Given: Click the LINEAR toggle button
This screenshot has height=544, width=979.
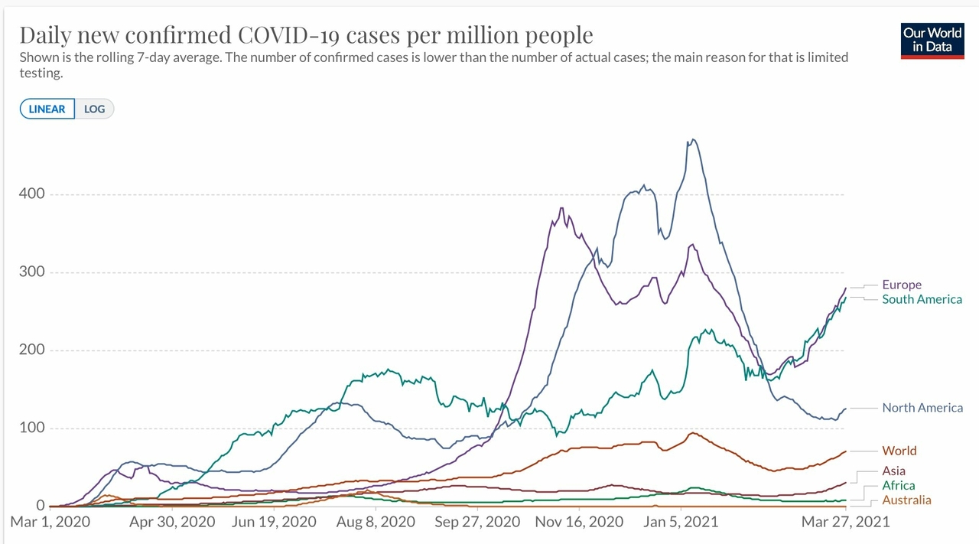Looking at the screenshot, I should (x=47, y=109).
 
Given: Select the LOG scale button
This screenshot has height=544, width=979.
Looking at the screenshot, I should (x=95, y=109).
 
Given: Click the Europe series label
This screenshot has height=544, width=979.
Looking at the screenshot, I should (x=902, y=285).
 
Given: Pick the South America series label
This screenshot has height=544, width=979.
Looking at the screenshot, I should (x=922, y=299).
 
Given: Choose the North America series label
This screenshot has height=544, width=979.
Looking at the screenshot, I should (x=922, y=408).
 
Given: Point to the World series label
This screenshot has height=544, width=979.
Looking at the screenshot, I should (x=899, y=451).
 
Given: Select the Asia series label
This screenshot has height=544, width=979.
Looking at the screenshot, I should (x=893, y=471).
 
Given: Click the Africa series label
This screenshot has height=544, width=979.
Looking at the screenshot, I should (x=898, y=485).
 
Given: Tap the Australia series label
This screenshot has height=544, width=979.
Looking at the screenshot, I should (x=906, y=500).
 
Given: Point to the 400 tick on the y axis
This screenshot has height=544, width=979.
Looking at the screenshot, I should (x=32, y=194).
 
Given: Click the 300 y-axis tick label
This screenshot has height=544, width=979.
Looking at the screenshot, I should (x=32, y=272).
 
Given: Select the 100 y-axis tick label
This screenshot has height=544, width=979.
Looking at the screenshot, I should (x=32, y=428).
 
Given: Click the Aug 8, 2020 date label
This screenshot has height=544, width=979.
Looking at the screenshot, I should (x=376, y=522).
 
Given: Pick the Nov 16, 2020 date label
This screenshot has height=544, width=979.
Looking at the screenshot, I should (x=580, y=522).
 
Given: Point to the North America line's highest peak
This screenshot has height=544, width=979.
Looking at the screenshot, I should (x=693, y=139).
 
